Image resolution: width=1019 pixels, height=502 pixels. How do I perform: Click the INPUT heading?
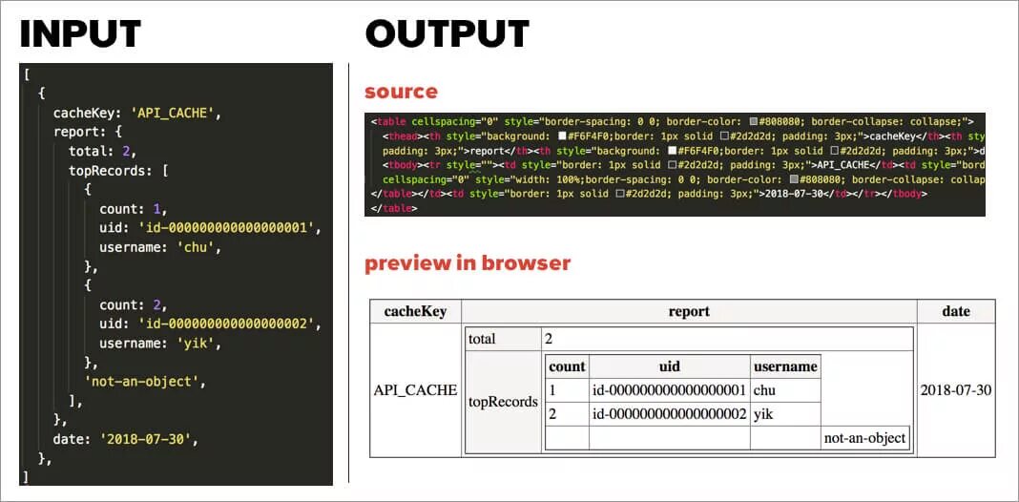click(80, 34)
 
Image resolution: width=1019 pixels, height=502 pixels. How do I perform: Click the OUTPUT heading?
click(447, 34)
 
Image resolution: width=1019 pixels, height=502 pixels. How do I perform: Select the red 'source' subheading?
click(401, 92)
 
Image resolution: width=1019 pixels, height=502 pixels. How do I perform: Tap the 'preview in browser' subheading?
click(468, 263)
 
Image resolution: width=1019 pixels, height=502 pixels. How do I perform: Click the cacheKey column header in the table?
click(415, 311)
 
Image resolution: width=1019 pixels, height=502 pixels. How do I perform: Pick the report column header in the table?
click(689, 311)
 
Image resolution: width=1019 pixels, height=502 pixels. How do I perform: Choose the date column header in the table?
click(955, 311)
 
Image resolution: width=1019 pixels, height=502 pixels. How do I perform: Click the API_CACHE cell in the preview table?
click(415, 390)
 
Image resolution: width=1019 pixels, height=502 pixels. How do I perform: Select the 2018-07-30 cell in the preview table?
click(955, 390)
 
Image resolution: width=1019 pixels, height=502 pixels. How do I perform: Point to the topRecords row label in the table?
click(503, 402)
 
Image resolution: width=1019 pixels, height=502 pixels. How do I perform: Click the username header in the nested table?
click(785, 366)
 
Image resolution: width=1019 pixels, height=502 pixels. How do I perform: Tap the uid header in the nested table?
click(669, 366)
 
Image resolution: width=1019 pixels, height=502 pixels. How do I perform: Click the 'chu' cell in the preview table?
click(765, 390)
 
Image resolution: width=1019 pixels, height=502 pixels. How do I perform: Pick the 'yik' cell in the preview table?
click(764, 414)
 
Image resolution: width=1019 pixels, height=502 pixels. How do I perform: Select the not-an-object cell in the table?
click(865, 438)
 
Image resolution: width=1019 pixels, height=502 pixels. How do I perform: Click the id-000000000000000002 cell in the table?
click(669, 414)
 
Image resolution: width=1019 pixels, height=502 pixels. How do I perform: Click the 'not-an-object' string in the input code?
click(145, 382)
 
